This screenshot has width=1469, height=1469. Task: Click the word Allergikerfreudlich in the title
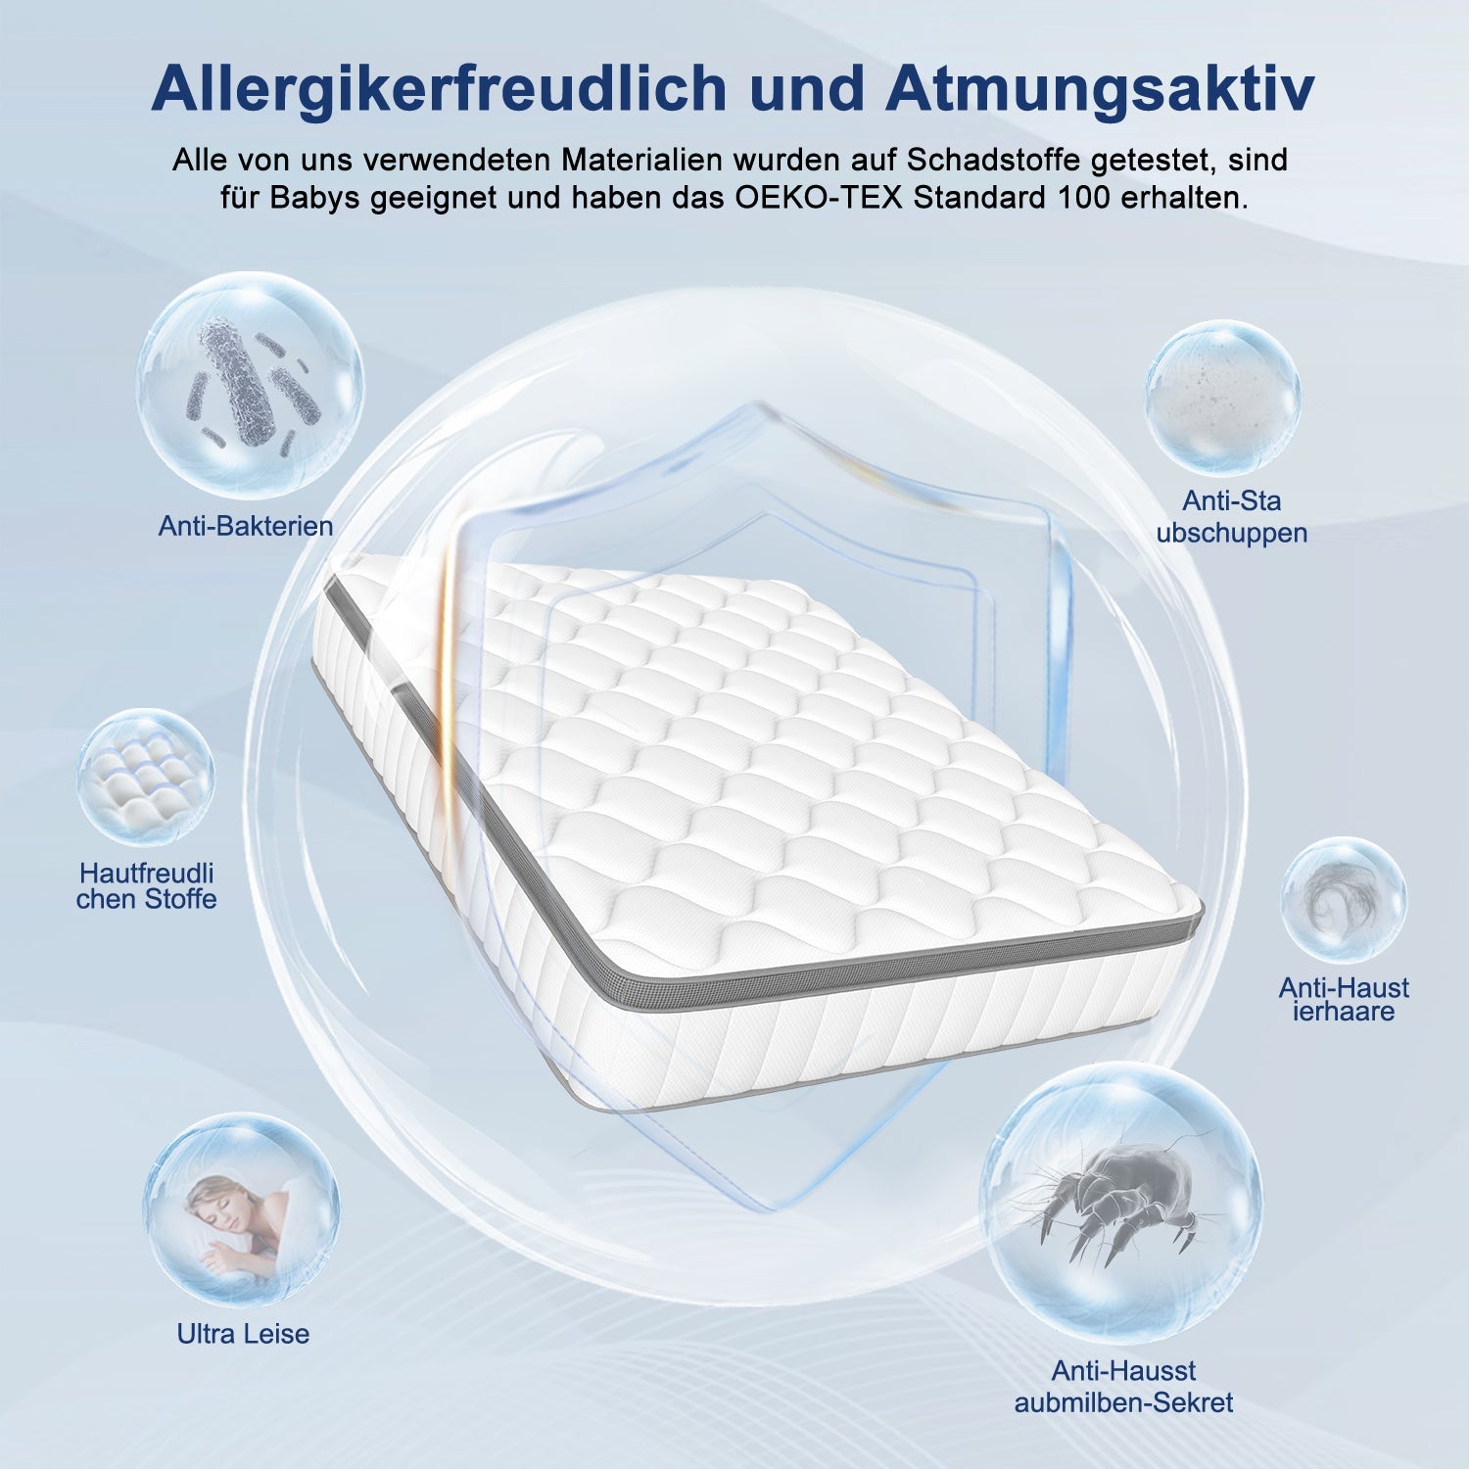click(x=439, y=88)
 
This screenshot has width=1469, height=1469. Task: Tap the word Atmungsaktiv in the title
click(x=1100, y=88)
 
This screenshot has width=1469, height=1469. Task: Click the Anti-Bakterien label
click(x=246, y=526)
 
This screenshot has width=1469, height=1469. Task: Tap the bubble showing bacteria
click(x=250, y=385)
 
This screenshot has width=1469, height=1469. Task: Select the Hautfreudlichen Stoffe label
click(x=147, y=886)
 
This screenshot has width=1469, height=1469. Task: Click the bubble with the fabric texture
click(x=145, y=778)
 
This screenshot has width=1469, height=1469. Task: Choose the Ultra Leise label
click(x=243, y=1333)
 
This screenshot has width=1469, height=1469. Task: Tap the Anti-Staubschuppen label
click(x=1231, y=517)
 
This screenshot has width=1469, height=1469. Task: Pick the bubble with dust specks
click(x=1223, y=398)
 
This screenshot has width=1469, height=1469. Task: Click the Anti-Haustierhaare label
click(x=1344, y=999)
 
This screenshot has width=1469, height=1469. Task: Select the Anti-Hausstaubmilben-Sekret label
click(x=1123, y=1386)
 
